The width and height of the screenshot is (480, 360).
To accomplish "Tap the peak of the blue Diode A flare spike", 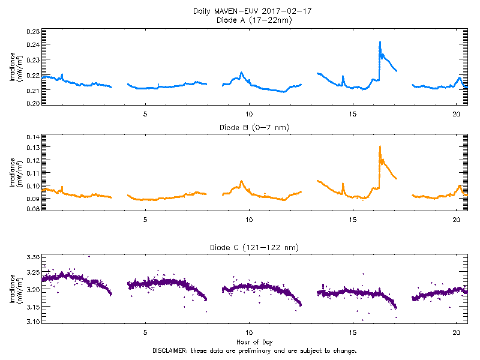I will [380, 42].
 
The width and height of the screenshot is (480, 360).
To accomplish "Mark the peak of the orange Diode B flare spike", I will [380, 146].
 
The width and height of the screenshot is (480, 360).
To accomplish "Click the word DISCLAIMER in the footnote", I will [171, 350].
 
